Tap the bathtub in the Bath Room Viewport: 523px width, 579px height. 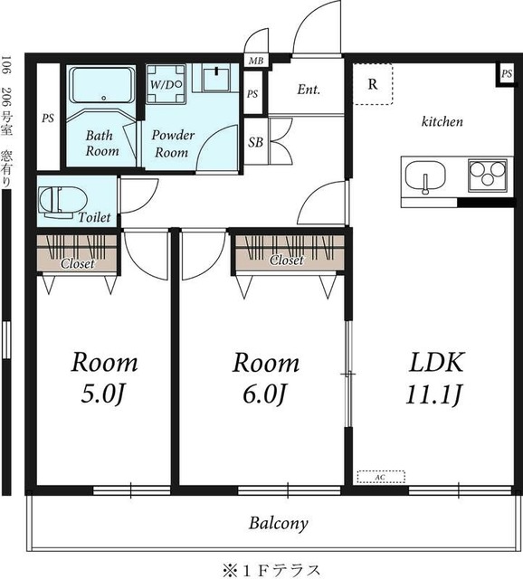102,85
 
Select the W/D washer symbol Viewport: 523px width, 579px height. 166,84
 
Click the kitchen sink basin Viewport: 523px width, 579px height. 425,177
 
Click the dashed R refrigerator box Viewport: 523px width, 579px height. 373,84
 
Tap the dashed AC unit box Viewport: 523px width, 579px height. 381,477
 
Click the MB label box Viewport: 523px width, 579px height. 256,61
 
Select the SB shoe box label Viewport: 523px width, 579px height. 255,142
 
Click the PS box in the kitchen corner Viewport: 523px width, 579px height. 507,74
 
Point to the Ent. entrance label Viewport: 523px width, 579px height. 309,90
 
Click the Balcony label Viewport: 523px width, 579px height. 278,523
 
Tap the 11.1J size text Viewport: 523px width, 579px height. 434,394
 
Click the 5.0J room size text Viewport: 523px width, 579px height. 102,394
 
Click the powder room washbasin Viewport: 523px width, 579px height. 216,78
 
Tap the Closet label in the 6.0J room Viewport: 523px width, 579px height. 287,261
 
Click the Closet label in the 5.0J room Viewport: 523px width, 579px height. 78,263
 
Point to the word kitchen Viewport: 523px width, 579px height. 442,121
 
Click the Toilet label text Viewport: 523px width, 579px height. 94,217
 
